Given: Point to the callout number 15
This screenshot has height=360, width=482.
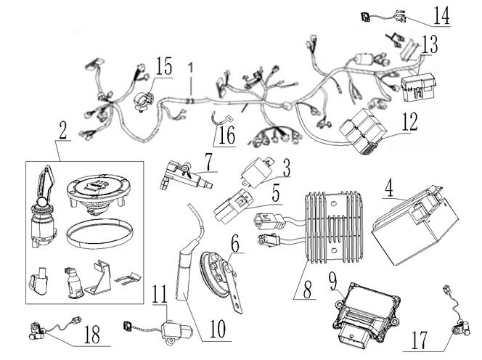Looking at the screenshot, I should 163,67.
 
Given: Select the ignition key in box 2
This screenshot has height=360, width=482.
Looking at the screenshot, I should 46,181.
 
